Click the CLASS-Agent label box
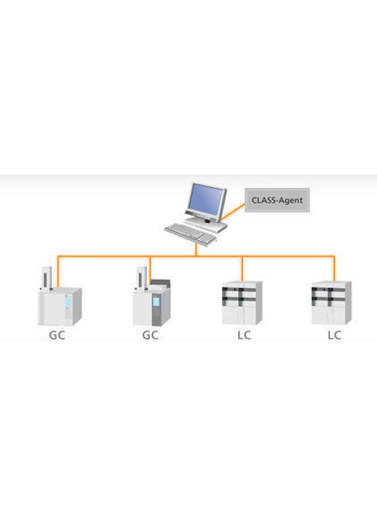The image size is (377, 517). coord(278,200)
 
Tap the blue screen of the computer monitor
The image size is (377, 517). coord(206,199)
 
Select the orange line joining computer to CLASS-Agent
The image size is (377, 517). coord(233,212)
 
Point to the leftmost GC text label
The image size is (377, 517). coord(57,335)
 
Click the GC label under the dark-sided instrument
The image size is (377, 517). coord(150,335)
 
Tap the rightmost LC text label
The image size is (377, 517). coord(334,335)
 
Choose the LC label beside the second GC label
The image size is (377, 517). coord(244,335)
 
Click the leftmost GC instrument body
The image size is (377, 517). coord(59,307)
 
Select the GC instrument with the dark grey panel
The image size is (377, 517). coord(152,302)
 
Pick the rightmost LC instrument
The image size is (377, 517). coord(332,302)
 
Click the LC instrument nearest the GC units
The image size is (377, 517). coord(242,302)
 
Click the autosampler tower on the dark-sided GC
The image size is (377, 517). coord(141,279)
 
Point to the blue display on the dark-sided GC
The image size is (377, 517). coord(156,302)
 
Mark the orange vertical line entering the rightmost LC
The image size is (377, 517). coord(335,268)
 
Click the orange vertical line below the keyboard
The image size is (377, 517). coord(196,250)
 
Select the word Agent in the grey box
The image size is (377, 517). coord(290,201)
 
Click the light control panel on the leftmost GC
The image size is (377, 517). coord(68,307)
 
